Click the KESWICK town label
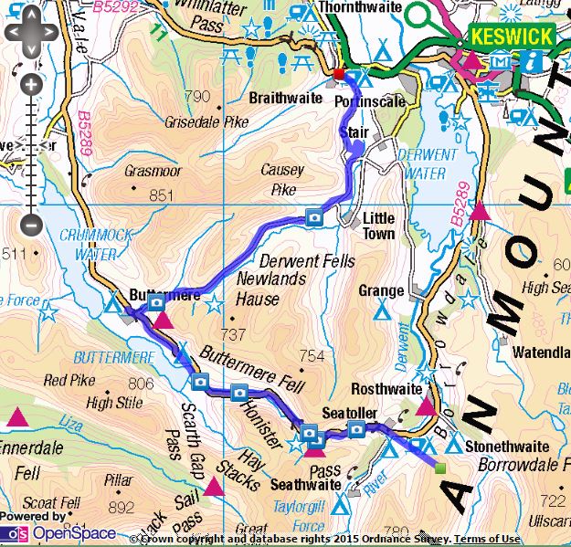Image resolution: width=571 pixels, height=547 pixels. tap(512, 37)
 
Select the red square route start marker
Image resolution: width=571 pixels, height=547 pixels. tap(339, 74)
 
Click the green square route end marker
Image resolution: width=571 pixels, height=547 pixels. tap(440, 468)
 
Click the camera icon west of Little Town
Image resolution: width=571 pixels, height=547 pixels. tap(313, 217)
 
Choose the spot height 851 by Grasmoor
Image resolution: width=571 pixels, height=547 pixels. tap(161, 195)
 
